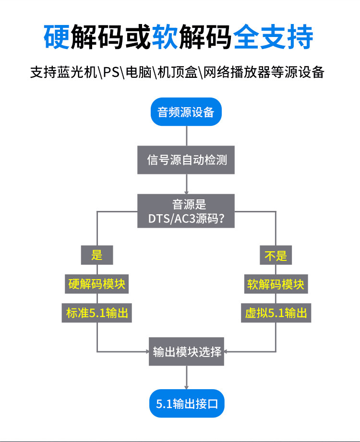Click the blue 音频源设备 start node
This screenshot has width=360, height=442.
pos(186,112)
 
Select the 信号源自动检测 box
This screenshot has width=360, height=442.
pos(186,160)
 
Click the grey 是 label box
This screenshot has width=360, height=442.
pos(97,254)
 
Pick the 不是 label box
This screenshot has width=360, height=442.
pos(276,254)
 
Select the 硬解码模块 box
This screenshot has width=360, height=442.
pos(97,284)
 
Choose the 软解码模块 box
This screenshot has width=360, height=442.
pos(276,284)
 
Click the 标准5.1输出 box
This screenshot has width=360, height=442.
pos(97,313)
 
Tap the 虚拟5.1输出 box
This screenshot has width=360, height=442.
pos(276,313)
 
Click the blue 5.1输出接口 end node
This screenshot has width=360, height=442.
pos(187,403)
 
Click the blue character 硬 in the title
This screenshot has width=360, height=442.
pos(56,37)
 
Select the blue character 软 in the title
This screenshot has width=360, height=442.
pos(164,37)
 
